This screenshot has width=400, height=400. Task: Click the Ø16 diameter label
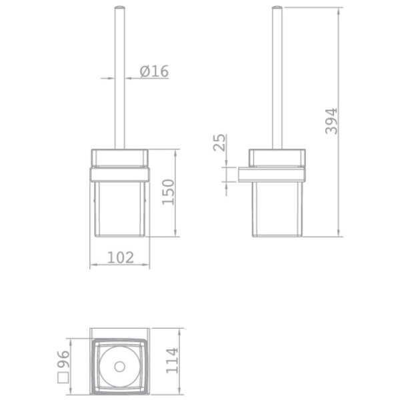[x=155, y=71]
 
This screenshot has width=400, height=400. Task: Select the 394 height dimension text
[x=331, y=121]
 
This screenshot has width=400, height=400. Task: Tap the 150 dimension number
[x=168, y=192]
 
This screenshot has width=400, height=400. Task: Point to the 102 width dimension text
[x=121, y=257]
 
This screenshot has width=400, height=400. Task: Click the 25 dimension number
[x=219, y=143]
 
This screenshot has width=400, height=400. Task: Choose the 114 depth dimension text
[x=172, y=361]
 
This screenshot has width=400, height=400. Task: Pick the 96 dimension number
[x=63, y=359]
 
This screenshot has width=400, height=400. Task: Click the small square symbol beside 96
[x=63, y=378]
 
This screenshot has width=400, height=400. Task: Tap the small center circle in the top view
[x=119, y=367]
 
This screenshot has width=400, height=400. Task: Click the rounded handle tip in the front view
[x=119, y=7]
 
